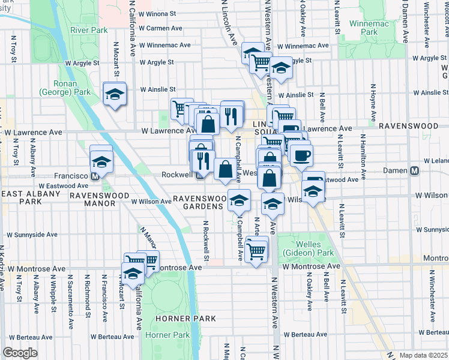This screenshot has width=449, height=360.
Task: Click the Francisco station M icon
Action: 94,177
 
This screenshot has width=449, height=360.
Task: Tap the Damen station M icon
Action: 414,171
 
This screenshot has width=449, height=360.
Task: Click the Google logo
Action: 20,353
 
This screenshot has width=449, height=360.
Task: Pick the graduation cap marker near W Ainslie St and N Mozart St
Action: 114,94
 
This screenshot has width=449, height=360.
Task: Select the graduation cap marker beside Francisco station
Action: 101,161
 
